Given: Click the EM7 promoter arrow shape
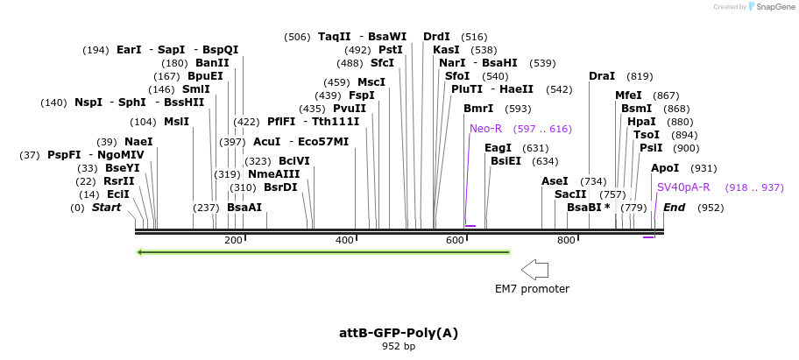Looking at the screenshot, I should coord(534,269).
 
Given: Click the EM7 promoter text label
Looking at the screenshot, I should coord(532,289).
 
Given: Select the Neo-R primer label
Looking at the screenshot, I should coord(485,129).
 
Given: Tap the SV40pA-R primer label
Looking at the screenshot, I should coord(683,187).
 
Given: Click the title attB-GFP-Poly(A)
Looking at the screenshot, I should coord(399,333).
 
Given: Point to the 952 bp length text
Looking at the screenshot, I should coord(399,347).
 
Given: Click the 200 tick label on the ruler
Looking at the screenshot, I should coord(233,241).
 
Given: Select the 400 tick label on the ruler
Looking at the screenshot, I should coord(344,241).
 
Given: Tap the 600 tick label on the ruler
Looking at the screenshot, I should coord(455,241).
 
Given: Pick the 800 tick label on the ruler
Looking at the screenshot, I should coord(566,241).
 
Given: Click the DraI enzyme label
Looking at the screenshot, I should coord(602,76).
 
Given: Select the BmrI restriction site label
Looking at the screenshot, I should coord(478,109).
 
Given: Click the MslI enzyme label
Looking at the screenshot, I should coord(176,122).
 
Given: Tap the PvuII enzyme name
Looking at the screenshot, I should coord(350,109).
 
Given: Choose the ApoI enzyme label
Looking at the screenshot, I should coord(665,168).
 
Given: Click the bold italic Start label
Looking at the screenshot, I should coord(106,208).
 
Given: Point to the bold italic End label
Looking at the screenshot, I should coord(674,208).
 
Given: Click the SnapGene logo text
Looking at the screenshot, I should coord(771,7).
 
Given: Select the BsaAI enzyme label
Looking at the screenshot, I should coord(244,208).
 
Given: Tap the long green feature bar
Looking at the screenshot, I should coord(323,253).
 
